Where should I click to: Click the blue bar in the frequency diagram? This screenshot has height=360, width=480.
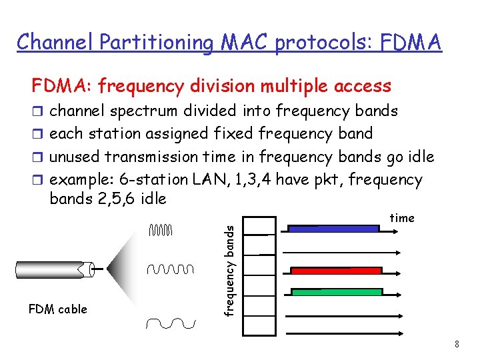click(x=333, y=228)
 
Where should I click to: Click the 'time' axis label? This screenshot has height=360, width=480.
click(x=402, y=218)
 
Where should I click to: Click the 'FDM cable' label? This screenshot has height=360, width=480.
click(x=58, y=309)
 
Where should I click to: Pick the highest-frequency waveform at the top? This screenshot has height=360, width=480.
click(x=161, y=231)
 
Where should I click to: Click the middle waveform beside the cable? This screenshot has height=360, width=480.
click(x=170, y=269)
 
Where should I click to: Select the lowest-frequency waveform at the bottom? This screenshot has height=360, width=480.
click(x=171, y=323)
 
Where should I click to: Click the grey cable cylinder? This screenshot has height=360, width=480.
click(x=53, y=269)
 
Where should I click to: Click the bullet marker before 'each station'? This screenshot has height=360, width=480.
click(x=37, y=134)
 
